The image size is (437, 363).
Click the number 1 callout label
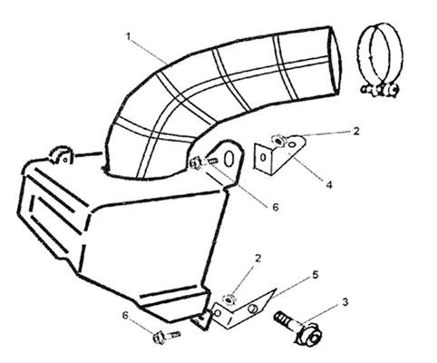coord(128,37)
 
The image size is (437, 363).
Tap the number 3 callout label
coord(345,302)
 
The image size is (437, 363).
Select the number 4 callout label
coord(329,184)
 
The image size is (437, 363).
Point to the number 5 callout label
coord(316,275)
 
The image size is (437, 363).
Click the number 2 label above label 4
coord(356,131)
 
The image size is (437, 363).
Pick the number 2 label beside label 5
coord(257,258)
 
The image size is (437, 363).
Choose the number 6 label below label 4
coord(276,207)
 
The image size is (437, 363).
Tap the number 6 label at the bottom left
coord(125,315)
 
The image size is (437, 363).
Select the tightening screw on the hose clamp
coord(380,90)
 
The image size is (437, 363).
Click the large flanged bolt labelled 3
coord(298,329)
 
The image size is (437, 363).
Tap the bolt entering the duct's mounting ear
coord(202,162)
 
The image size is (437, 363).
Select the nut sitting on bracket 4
coord(278,141)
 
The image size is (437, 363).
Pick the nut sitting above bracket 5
coord(228,299)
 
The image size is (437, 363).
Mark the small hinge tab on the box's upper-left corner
coord(62,155)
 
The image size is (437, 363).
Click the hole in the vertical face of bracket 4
coord(263,157)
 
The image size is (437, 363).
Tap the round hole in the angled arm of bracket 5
coord(252,309)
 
